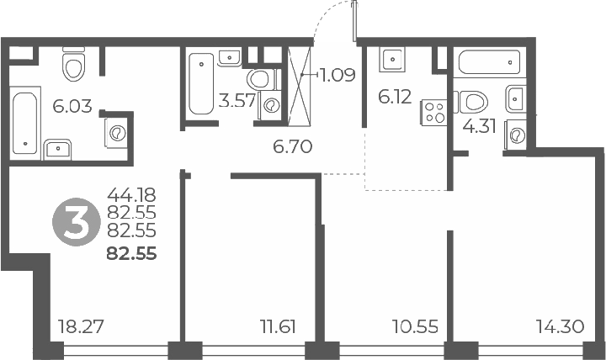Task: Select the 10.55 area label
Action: (416, 326)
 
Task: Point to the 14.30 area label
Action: (561, 326)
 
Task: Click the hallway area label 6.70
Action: (293, 147)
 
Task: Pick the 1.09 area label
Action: (338, 75)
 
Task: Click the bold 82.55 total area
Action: (131, 251)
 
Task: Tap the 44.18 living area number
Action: (132, 198)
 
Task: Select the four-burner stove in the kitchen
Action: (435, 113)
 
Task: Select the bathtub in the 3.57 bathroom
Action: (201, 84)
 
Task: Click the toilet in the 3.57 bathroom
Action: (263, 80)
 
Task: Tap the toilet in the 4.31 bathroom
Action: (475, 103)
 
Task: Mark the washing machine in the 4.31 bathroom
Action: (515, 134)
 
